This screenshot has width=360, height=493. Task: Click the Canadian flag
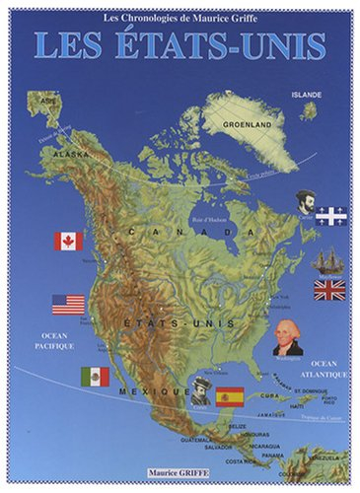point(69,241)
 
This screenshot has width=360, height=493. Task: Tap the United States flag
point(68,305)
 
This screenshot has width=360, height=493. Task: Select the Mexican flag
point(95,376)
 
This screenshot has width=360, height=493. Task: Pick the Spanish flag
point(230,396)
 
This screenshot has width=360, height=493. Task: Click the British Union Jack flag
point(329,289)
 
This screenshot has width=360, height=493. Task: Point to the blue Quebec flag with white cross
point(330,215)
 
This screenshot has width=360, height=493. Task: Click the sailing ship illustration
point(327,260)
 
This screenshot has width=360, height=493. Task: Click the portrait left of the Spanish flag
point(201,388)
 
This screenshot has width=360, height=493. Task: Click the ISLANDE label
point(306,94)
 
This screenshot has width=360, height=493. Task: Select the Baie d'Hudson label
point(210,206)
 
